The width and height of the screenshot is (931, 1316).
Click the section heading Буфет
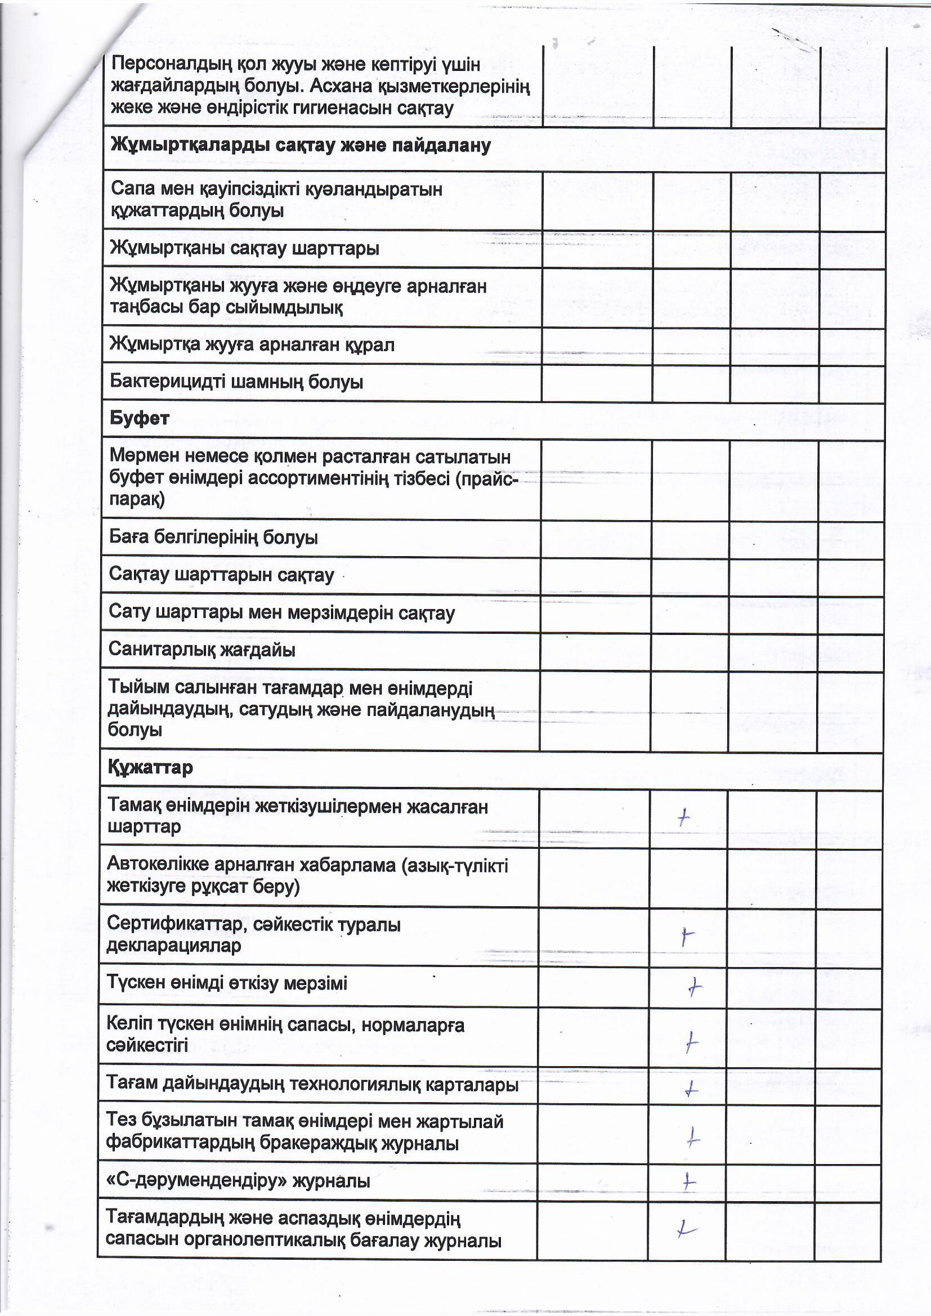tap(139, 418)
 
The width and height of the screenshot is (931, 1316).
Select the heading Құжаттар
tap(150, 767)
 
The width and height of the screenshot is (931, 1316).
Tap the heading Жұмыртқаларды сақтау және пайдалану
tap(300, 146)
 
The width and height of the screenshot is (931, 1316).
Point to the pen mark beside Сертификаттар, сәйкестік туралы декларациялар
tap(687, 937)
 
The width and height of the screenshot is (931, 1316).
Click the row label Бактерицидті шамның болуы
tap(236, 382)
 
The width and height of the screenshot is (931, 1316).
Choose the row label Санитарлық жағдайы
tap(202, 650)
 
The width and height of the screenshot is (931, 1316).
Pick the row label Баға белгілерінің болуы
tap(213, 538)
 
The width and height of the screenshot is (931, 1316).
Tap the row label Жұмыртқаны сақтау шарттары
tap(244, 249)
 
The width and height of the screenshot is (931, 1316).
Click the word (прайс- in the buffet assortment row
tap(487, 478)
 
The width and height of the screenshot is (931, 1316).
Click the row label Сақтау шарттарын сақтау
tap(221, 575)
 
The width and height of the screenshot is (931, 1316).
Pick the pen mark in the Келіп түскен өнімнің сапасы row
tap(692, 1042)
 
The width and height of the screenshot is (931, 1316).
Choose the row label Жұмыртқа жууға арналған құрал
tap(252, 344)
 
